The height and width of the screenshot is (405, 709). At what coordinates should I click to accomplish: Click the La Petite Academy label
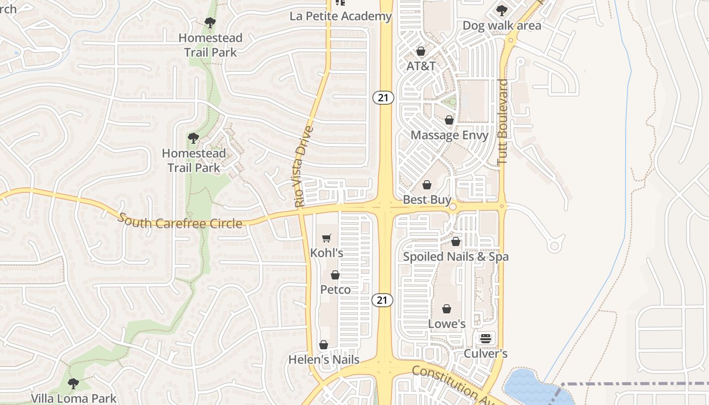coord(341,16)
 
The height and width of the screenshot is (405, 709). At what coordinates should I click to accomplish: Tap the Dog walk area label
coord(502,25)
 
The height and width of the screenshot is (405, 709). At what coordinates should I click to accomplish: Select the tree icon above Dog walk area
coord(501,10)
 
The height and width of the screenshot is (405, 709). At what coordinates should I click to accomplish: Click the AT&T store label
coord(421,66)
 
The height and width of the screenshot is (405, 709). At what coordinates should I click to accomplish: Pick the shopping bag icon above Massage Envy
coord(449,120)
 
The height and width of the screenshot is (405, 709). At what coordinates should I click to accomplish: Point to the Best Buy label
coord(427,200)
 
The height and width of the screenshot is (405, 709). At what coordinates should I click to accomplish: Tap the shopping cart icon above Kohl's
coord(327,238)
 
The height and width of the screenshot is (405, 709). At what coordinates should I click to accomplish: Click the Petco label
coord(335,290)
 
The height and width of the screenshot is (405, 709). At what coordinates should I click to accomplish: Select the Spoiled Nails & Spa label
coord(455,257)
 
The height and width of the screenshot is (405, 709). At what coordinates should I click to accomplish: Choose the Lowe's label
coord(447,323)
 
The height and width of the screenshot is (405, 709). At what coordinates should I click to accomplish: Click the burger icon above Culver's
coord(486,338)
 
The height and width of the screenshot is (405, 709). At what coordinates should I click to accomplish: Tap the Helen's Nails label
coord(324,360)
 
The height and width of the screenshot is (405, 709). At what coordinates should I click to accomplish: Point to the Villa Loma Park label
coord(73,398)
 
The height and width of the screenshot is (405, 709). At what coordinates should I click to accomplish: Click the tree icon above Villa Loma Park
coord(73,383)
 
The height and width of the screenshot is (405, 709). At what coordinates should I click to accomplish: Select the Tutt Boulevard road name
coord(502,121)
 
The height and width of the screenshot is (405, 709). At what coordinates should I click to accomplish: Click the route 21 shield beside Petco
coord(382,300)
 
